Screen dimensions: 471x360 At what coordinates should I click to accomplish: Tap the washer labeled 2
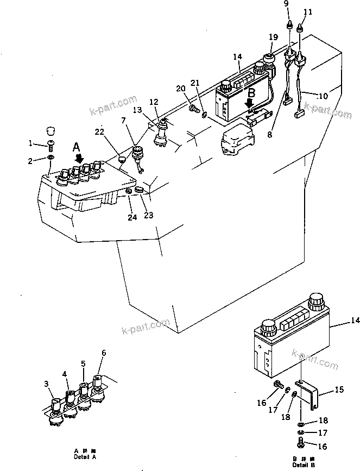(50, 158)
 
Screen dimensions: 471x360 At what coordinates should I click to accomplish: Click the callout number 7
(123, 119)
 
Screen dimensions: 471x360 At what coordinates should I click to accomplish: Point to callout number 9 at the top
(287, 4)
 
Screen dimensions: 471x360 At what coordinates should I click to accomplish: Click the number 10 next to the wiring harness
(323, 96)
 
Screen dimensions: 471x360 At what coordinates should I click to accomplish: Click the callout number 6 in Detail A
(103, 353)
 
